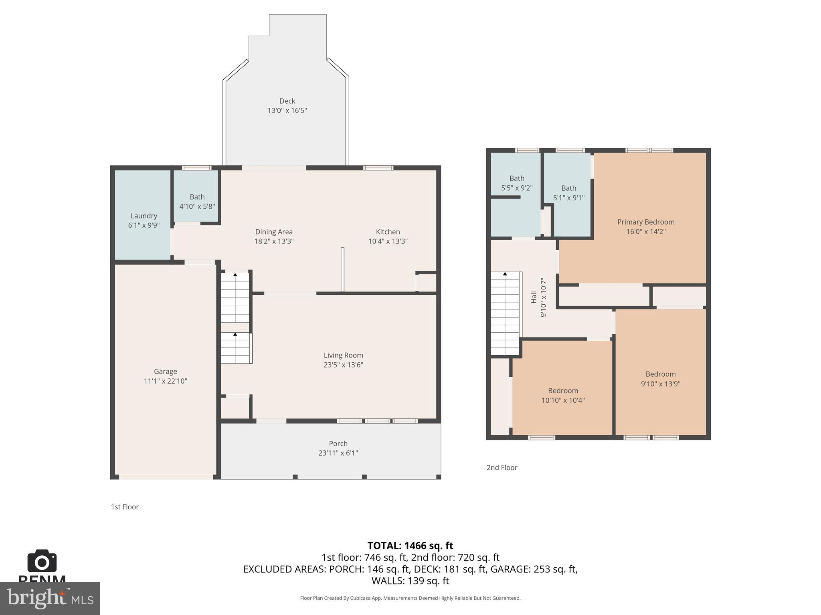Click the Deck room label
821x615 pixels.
(287, 101)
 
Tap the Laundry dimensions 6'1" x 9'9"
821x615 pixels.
(144, 225)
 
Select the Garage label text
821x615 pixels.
(165, 372)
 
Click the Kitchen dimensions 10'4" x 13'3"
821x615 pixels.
(388, 241)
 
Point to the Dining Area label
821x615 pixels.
(274, 232)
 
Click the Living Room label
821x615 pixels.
(343, 355)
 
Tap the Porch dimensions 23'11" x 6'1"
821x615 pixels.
(338, 453)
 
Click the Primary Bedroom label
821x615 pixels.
(645, 222)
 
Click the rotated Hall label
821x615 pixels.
(534, 297)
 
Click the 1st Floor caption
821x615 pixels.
(125, 507)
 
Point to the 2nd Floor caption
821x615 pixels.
(501, 468)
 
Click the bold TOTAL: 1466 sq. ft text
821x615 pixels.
(410, 546)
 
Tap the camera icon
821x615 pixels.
(42, 561)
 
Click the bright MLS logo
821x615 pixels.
(50, 598)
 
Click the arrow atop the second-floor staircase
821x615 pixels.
(505, 274)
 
